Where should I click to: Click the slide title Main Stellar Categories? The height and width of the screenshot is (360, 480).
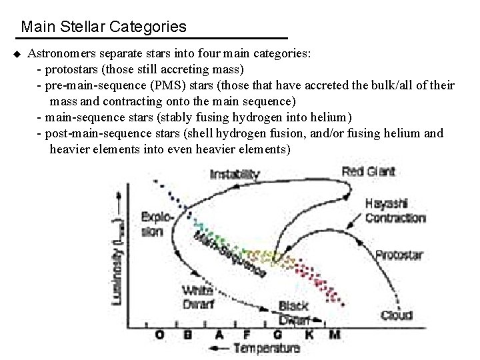coord(103,27)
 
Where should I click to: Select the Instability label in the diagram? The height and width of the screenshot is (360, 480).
coord(235,175)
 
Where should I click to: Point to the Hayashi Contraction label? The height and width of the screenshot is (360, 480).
coord(395,211)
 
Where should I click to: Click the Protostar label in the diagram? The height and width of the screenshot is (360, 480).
coord(399,255)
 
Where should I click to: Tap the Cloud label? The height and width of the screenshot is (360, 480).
coord(397,315)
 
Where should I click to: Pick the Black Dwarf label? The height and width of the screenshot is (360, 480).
coord(293,312)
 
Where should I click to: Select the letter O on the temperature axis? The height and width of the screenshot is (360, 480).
coord(159,333)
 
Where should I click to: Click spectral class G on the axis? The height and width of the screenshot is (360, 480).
coord(277,333)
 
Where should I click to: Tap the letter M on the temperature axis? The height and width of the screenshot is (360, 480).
coord(333,333)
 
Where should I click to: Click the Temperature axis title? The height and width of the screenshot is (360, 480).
coord(267,348)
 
